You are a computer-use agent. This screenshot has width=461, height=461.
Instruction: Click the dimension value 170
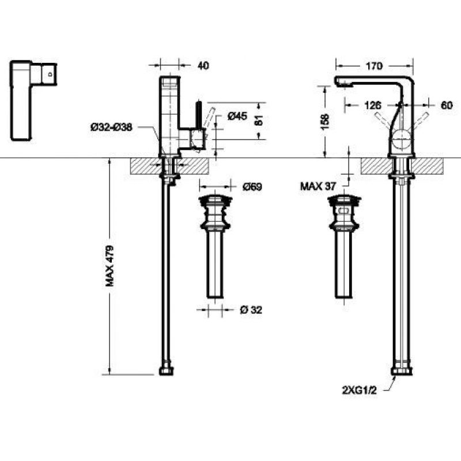(x=373, y=66)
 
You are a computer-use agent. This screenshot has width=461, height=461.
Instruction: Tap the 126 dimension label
(x=372, y=105)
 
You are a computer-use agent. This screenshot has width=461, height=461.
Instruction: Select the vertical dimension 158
(x=325, y=121)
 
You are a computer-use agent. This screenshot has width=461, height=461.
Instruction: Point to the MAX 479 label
(x=109, y=266)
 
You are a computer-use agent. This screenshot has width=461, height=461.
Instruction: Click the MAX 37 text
(x=318, y=186)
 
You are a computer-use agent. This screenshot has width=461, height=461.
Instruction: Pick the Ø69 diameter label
(x=252, y=187)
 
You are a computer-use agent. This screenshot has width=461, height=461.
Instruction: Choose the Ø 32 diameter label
(x=251, y=310)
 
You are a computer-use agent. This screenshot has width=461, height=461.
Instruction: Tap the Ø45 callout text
(x=237, y=116)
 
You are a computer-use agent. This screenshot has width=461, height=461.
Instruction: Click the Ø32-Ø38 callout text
(x=112, y=127)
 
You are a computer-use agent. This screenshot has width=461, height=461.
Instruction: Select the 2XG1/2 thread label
(x=359, y=391)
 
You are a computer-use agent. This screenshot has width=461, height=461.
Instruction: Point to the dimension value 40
(x=203, y=66)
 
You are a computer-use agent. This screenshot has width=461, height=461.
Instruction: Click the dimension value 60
(x=447, y=105)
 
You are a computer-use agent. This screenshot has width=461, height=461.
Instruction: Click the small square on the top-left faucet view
(x=50, y=74)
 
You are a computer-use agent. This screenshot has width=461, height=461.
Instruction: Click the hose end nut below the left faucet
(x=166, y=371)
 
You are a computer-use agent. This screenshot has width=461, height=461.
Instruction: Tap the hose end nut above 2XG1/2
(x=401, y=371)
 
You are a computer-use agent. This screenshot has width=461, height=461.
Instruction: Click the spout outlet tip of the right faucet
(x=343, y=85)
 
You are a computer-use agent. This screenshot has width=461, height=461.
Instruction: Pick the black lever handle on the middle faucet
(x=199, y=115)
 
